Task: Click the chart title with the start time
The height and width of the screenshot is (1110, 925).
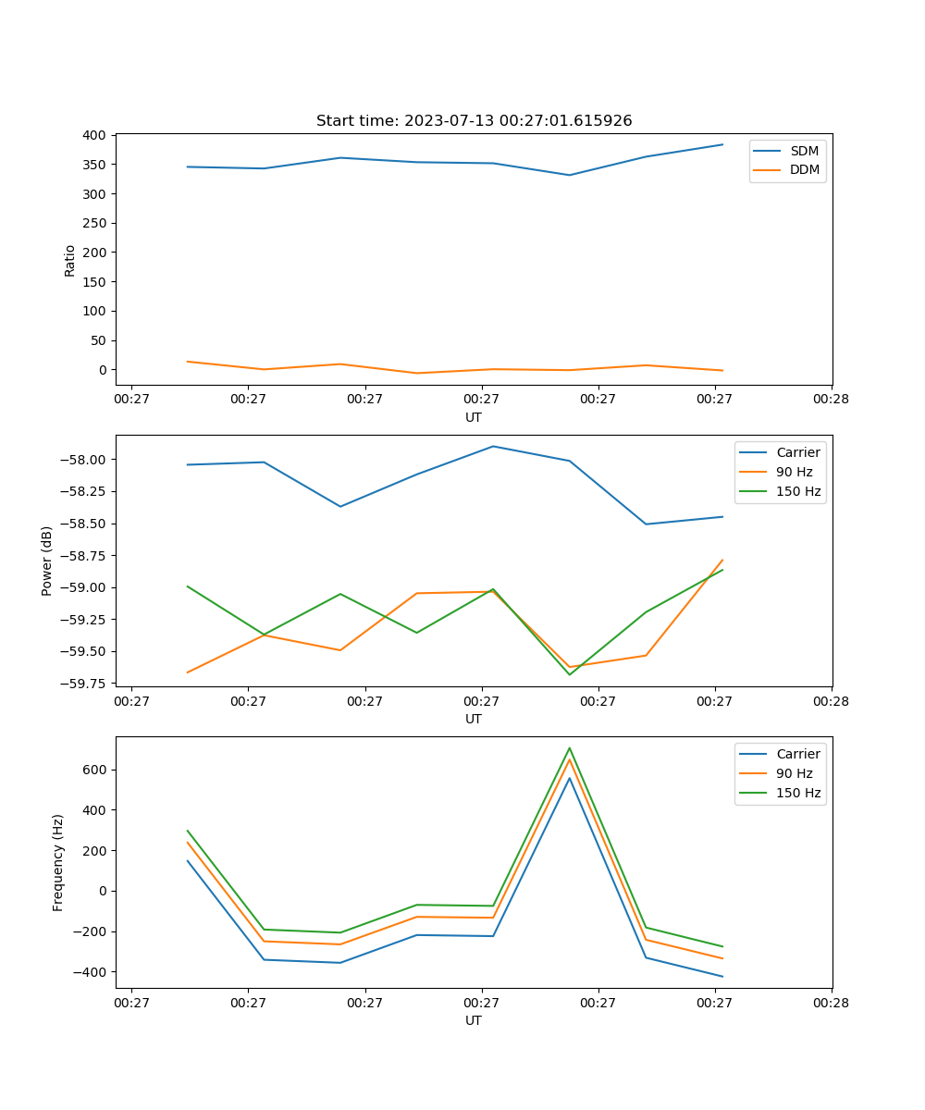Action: (474, 121)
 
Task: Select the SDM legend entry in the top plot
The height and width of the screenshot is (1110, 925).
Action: (804, 151)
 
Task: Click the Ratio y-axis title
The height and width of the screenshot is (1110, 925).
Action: (70, 260)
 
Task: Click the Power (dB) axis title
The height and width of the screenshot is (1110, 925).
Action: (47, 561)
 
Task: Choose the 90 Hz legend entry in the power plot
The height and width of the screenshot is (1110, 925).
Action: (795, 472)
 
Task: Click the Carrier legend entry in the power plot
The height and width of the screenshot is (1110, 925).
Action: (797, 452)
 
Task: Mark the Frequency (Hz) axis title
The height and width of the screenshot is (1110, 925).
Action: (58, 862)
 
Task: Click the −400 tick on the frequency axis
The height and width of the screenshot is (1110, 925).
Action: (92, 972)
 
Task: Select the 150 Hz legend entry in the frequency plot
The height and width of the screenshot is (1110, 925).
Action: (798, 793)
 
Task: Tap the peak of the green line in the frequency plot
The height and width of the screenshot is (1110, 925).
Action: (570, 748)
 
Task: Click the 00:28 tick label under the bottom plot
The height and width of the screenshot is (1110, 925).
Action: (832, 1003)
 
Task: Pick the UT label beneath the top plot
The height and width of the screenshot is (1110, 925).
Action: (474, 417)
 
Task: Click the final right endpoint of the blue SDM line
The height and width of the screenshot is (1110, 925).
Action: (722, 144)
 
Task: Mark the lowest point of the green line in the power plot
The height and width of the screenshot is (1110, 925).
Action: (570, 674)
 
